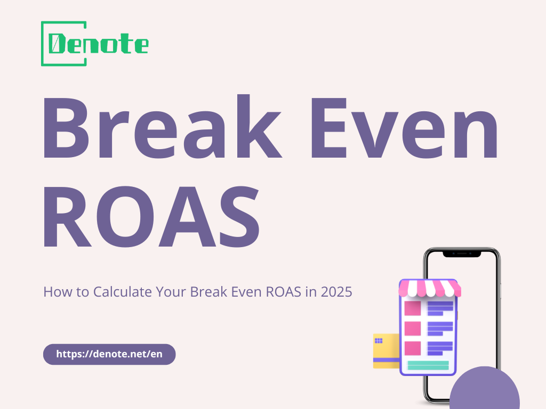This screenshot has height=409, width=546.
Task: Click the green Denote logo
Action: (94, 44)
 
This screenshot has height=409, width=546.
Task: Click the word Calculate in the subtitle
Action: (123, 292)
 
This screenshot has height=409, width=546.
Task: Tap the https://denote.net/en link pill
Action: (109, 354)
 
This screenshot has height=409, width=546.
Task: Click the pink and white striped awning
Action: (430, 288)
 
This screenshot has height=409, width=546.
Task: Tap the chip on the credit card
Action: (379, 340)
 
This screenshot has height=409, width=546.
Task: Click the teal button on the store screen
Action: (428, 365)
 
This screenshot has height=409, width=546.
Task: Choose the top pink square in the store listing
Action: (413, 308)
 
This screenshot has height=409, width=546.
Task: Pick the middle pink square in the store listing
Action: (413, 329)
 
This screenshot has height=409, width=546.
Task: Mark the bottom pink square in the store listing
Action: (413, 348)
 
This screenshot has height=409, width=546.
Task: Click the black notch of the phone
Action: (462, 254)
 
